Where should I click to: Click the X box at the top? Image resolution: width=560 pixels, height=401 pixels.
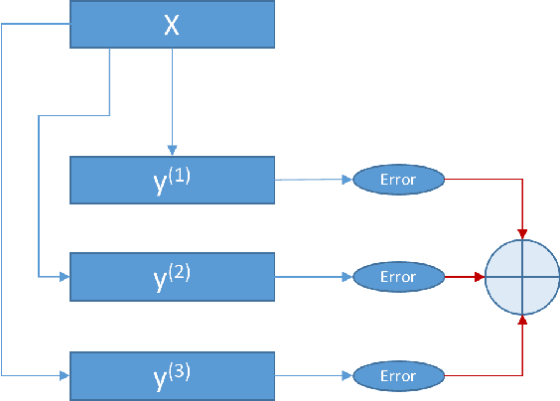click(x=172, y=25)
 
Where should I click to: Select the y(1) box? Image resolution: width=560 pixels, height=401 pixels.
click(x=172, y=180)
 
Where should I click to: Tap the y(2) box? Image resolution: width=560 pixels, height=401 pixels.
click(x=172, y=276)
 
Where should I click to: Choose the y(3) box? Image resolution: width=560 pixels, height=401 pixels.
click(x=172, y=375)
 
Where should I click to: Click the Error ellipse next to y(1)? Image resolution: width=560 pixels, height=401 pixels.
click(x=397, y=180)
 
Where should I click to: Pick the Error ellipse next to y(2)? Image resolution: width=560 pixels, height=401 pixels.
click(x=397, y=277)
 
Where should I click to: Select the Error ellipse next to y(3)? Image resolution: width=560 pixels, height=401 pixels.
click(x=397, y=376)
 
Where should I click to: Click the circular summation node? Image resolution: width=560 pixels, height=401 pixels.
click(x=523, y=277)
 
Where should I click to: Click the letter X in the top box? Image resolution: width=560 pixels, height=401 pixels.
click(x=172, y=25)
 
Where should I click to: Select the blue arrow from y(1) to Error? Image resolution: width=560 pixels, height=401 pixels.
click(x=313, y=180)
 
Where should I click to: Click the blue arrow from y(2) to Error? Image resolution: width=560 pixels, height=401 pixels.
click(x=313, y=277)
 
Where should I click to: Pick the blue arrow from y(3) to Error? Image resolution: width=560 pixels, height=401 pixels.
click(x=313, y=376)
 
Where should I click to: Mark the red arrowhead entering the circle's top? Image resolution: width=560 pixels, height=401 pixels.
click(x=523, y=234)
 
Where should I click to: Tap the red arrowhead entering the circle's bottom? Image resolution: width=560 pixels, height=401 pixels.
click(x=523, y=320)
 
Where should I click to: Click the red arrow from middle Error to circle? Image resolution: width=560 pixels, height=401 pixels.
click(x=462, y=277)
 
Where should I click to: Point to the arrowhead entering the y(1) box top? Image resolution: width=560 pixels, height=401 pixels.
click(x=173, y=150)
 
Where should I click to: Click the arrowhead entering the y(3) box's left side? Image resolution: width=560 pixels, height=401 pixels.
click(x=65, y=376)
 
